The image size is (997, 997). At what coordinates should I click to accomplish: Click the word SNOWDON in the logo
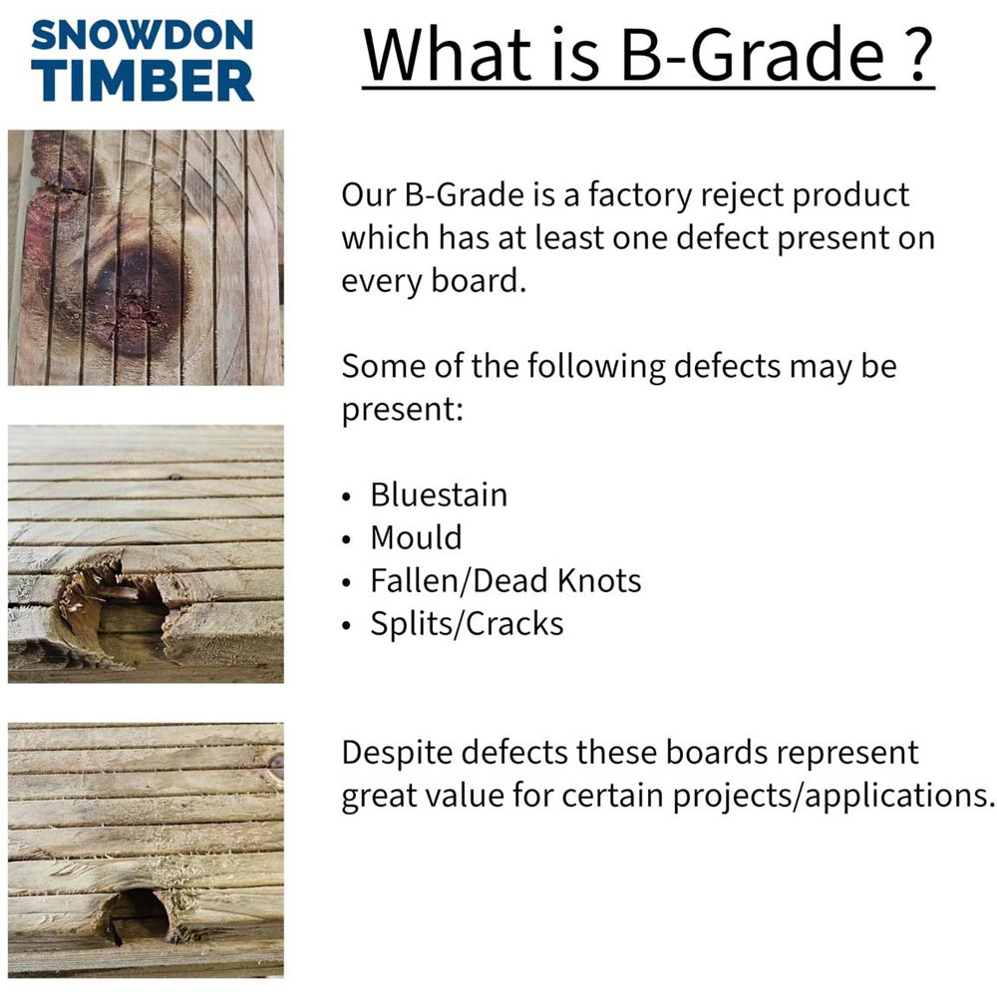tap(143, 35)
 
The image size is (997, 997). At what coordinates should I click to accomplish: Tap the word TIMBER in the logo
tap(143, 81)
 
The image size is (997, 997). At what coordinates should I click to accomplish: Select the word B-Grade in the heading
tap(752, 54)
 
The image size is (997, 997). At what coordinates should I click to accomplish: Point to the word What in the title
tap(447, 54)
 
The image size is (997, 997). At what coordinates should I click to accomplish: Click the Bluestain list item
tap(439, 495)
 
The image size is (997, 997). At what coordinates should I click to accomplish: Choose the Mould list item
tap(416, 537)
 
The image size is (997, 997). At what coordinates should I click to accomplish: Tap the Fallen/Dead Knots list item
tap(505, 580)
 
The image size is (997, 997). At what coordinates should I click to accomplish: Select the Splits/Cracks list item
tap(467, 624)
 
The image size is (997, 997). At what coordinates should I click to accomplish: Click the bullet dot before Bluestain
tap(346, 498)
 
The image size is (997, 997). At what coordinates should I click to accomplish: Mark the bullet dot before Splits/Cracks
tap(346, 626)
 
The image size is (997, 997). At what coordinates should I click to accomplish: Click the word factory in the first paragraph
tap(640, 195)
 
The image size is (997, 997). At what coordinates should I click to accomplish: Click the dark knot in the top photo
tap(136, 299)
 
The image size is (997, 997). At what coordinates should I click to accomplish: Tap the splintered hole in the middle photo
tap(114, 604)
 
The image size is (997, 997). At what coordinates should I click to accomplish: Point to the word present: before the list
tap(403, 410)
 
